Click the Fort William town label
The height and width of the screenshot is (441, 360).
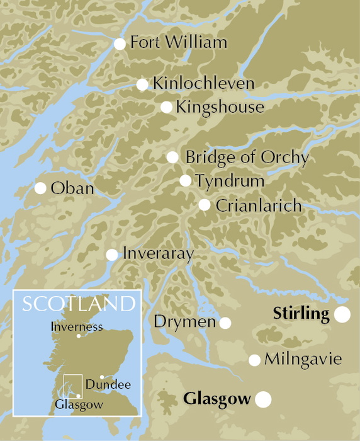pos(178,43)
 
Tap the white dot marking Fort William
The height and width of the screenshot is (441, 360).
pos(120,43)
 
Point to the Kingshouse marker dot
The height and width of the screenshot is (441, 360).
pos(166,107)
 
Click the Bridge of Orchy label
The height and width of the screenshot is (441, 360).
pos(247,157)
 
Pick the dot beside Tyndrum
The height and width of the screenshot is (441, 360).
pos(185,181)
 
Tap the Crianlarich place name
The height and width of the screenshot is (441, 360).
pos(259,205)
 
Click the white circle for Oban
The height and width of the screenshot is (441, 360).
pos(40,188)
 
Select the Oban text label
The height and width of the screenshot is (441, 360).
pos(72,188)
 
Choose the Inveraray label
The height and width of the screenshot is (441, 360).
pos(158,255)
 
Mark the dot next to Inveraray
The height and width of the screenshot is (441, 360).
pos(111,255)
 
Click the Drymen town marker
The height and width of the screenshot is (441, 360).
pos(225,323)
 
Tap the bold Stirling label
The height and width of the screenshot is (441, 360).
pos(301,314)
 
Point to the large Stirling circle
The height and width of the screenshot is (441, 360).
pos(342,315)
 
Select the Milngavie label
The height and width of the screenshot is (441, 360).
pos(303,360)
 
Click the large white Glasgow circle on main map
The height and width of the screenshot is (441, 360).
pos(263,399)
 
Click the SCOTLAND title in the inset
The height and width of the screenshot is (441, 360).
pos(79,304)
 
